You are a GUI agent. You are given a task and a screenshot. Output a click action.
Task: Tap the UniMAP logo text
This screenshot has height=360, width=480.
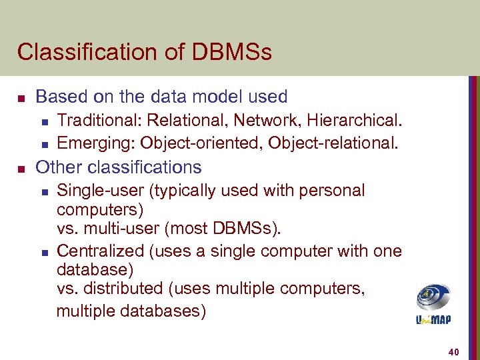coord(433,319)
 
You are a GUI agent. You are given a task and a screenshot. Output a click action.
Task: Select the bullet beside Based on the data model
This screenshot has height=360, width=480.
coord(22,97)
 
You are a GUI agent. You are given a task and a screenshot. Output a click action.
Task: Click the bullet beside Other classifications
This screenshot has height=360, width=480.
coord(22,167)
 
